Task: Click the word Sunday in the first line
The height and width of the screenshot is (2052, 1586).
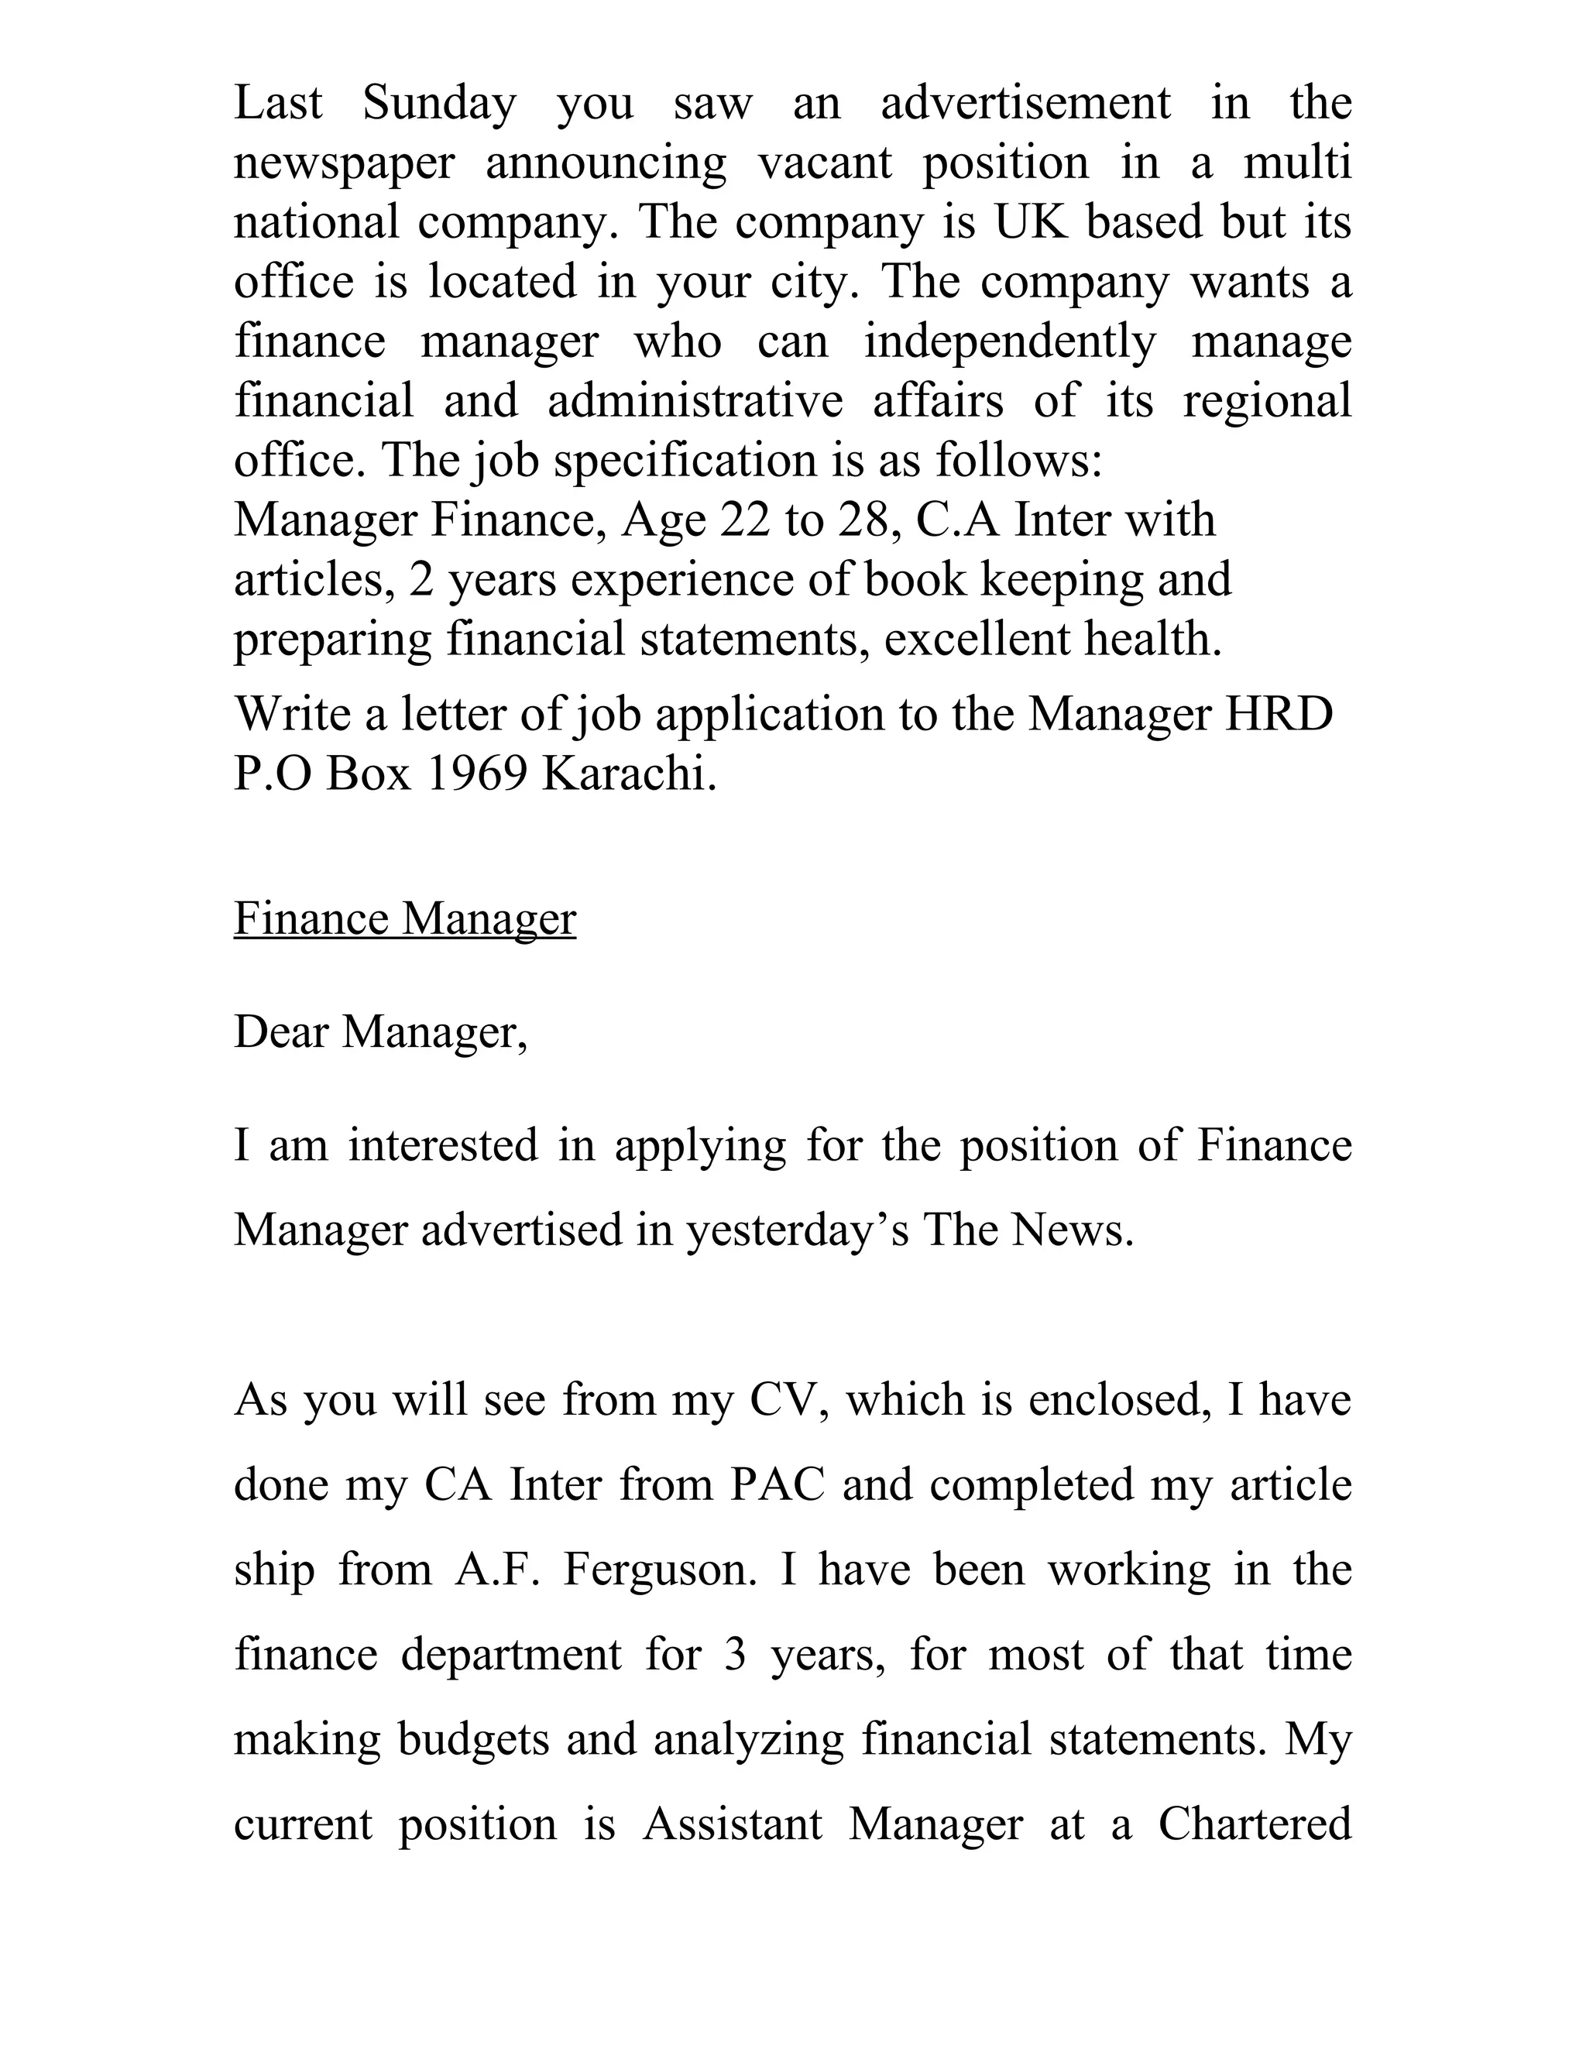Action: [x=439, y=103]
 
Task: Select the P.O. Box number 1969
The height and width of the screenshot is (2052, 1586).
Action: [x=476, y=774]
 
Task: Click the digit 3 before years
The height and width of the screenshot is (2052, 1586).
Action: [x=735, y=1656]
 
